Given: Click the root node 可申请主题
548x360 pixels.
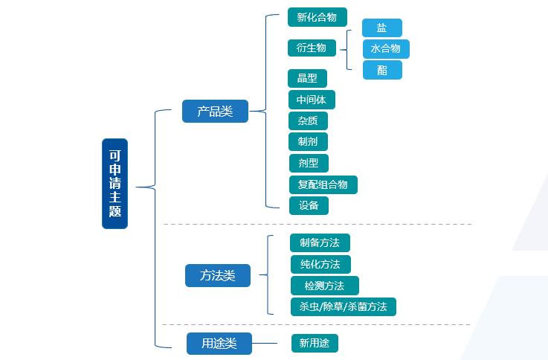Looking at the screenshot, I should point(115,184).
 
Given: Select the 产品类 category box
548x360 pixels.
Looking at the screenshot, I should point(215,112).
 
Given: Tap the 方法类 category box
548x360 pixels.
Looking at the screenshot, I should point(217,275).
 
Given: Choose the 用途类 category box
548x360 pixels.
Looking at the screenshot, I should point(219,343).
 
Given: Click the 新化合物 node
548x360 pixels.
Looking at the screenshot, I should point(317,17).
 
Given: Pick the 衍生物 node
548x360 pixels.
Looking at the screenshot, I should point(312,48).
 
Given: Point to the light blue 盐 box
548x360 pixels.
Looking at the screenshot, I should point(381,28).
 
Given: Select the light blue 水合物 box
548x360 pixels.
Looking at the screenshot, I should point(385,49).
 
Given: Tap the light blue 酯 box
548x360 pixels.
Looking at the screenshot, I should point(382,70).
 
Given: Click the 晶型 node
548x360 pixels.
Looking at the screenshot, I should point(307,78).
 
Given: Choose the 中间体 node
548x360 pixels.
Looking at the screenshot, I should point(311,100).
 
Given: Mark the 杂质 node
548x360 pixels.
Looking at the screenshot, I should point(308,120).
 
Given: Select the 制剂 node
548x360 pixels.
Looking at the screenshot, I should point(308,141).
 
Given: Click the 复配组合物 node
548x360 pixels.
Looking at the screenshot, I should point(323,184).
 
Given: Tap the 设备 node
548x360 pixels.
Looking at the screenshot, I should point(309,205).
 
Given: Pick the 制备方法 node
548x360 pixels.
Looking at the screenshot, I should point(320,242).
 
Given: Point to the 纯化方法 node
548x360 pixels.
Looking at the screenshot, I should point(320,264).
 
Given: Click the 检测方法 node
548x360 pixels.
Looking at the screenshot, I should point(324,286).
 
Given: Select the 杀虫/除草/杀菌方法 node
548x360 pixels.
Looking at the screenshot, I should point(343,306).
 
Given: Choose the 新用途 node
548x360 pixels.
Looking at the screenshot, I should point(315,343).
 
